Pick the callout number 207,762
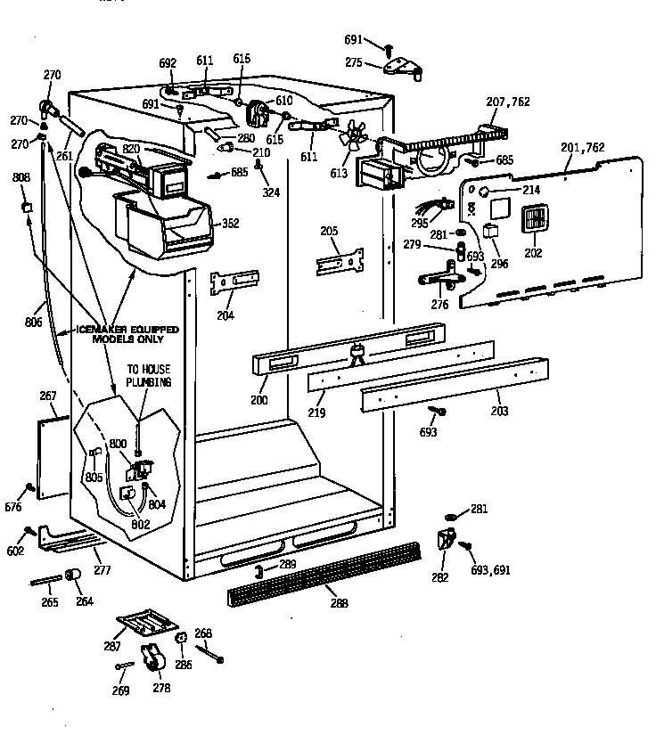pos(508,102)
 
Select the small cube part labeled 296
pos(489,230)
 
